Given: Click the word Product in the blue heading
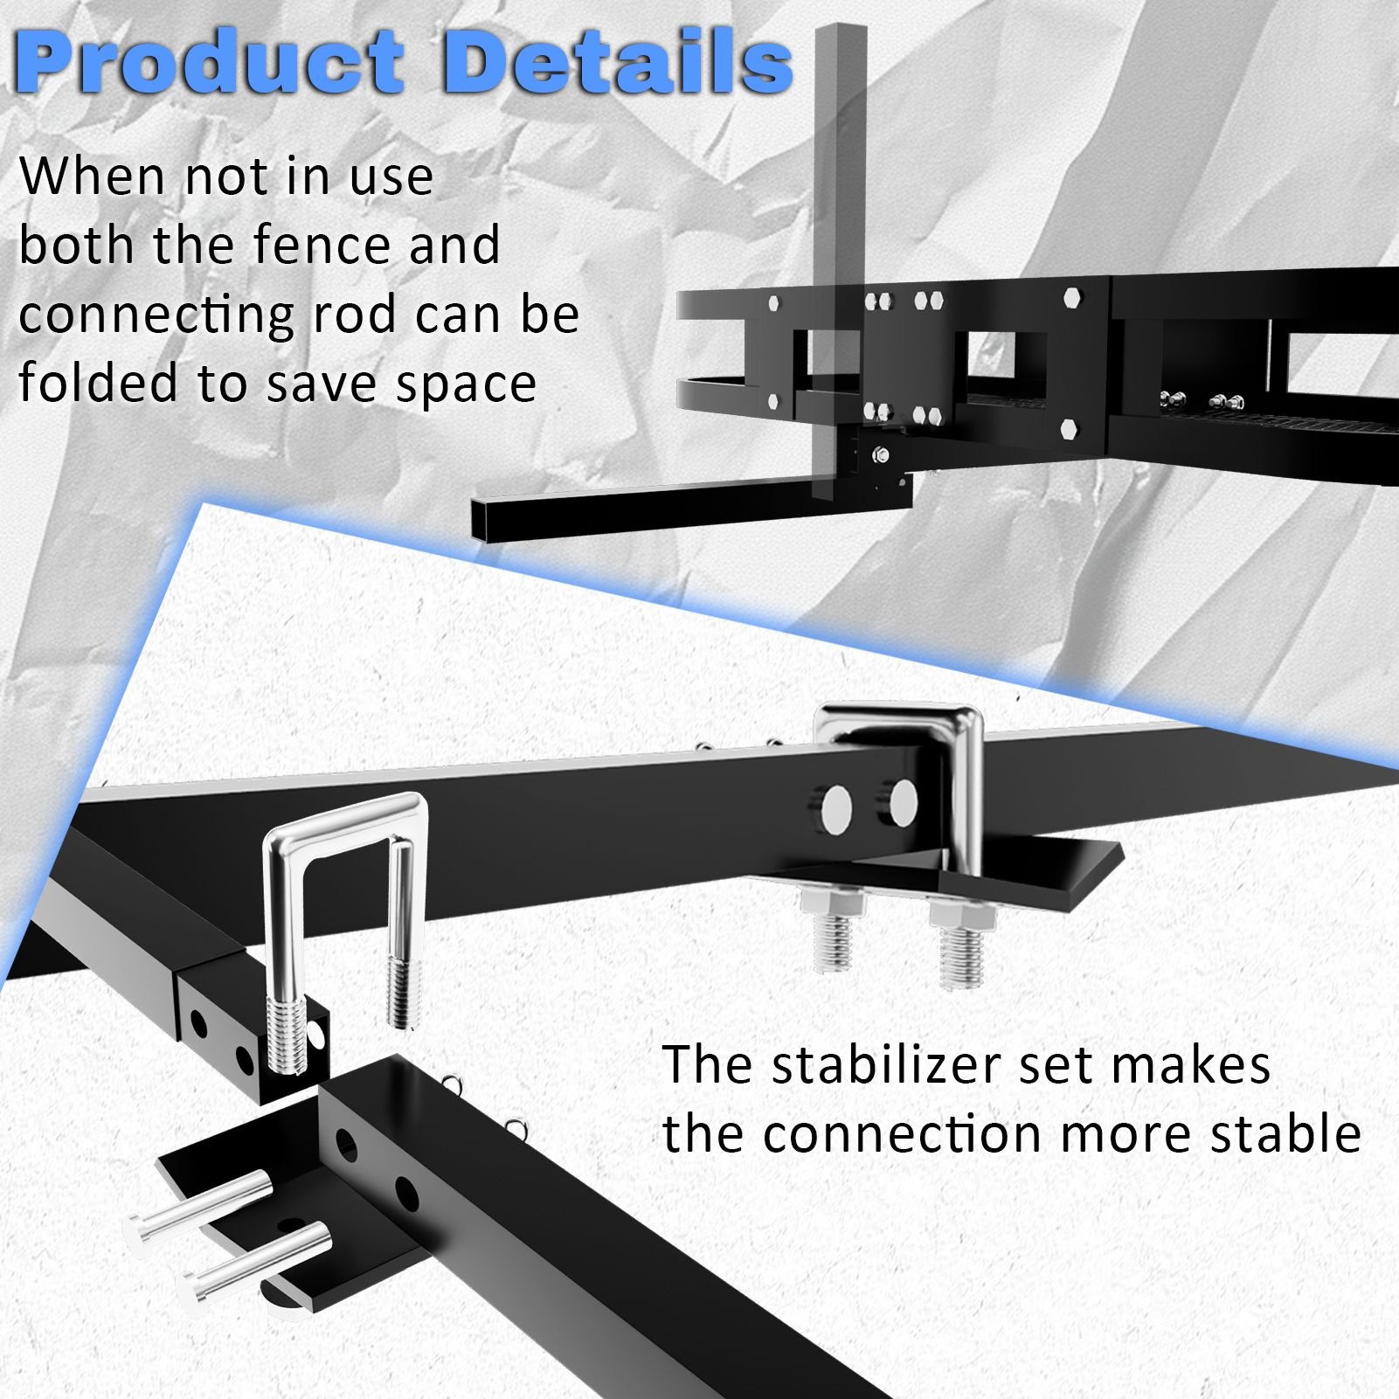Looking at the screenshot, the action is pos(210,62).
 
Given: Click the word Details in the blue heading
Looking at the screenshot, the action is pos(616,62).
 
